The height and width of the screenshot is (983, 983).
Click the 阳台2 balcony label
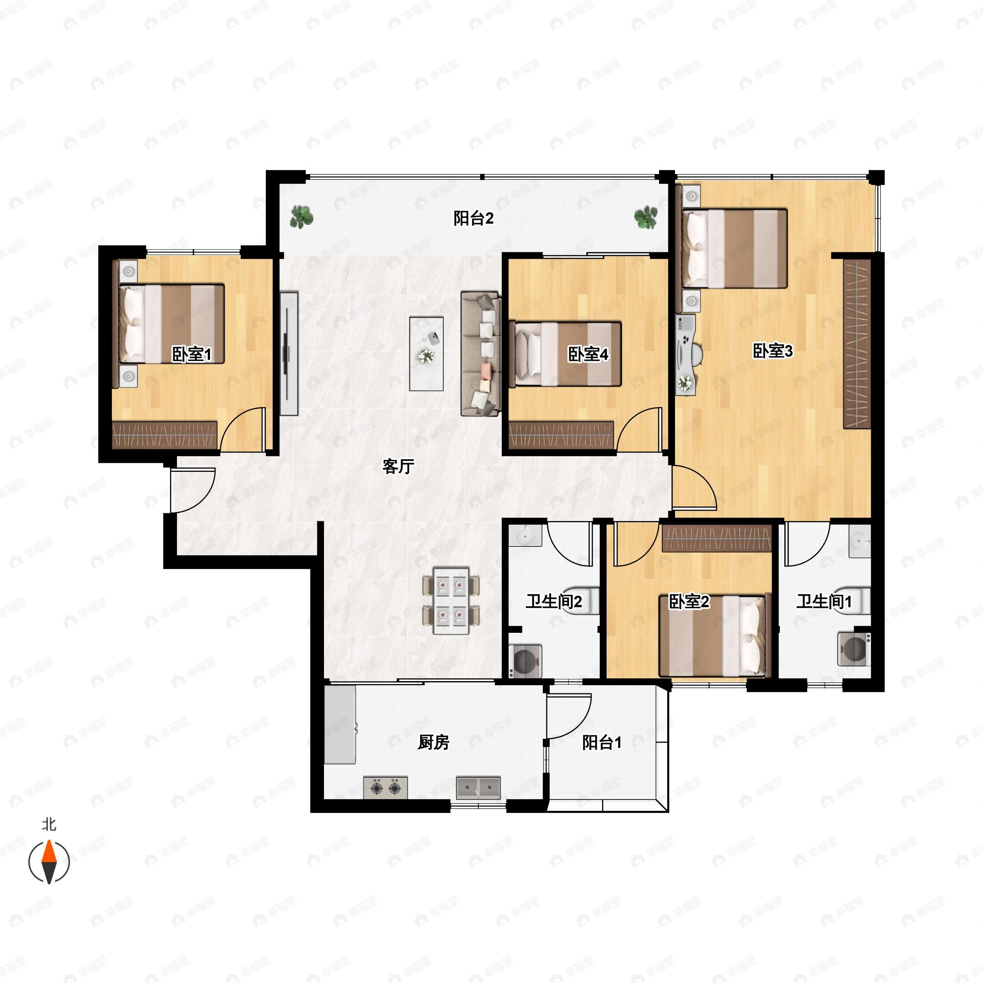473,218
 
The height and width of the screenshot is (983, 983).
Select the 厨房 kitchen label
433,742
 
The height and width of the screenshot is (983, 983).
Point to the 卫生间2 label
554,601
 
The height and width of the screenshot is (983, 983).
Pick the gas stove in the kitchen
385,787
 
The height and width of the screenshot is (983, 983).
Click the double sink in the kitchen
478,787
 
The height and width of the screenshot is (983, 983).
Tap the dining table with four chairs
451,600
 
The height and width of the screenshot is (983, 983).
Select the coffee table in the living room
426,353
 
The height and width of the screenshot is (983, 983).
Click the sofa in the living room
481,353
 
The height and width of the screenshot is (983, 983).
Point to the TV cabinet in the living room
289,353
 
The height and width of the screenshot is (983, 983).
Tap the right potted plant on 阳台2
646,217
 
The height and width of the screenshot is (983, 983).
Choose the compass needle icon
49,862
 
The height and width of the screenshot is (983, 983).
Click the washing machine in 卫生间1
854,649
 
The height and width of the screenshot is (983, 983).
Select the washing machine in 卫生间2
525,661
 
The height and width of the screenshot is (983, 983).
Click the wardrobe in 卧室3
857,344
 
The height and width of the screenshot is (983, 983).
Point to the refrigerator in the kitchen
340,724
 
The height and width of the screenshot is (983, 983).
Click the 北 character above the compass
49,824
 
